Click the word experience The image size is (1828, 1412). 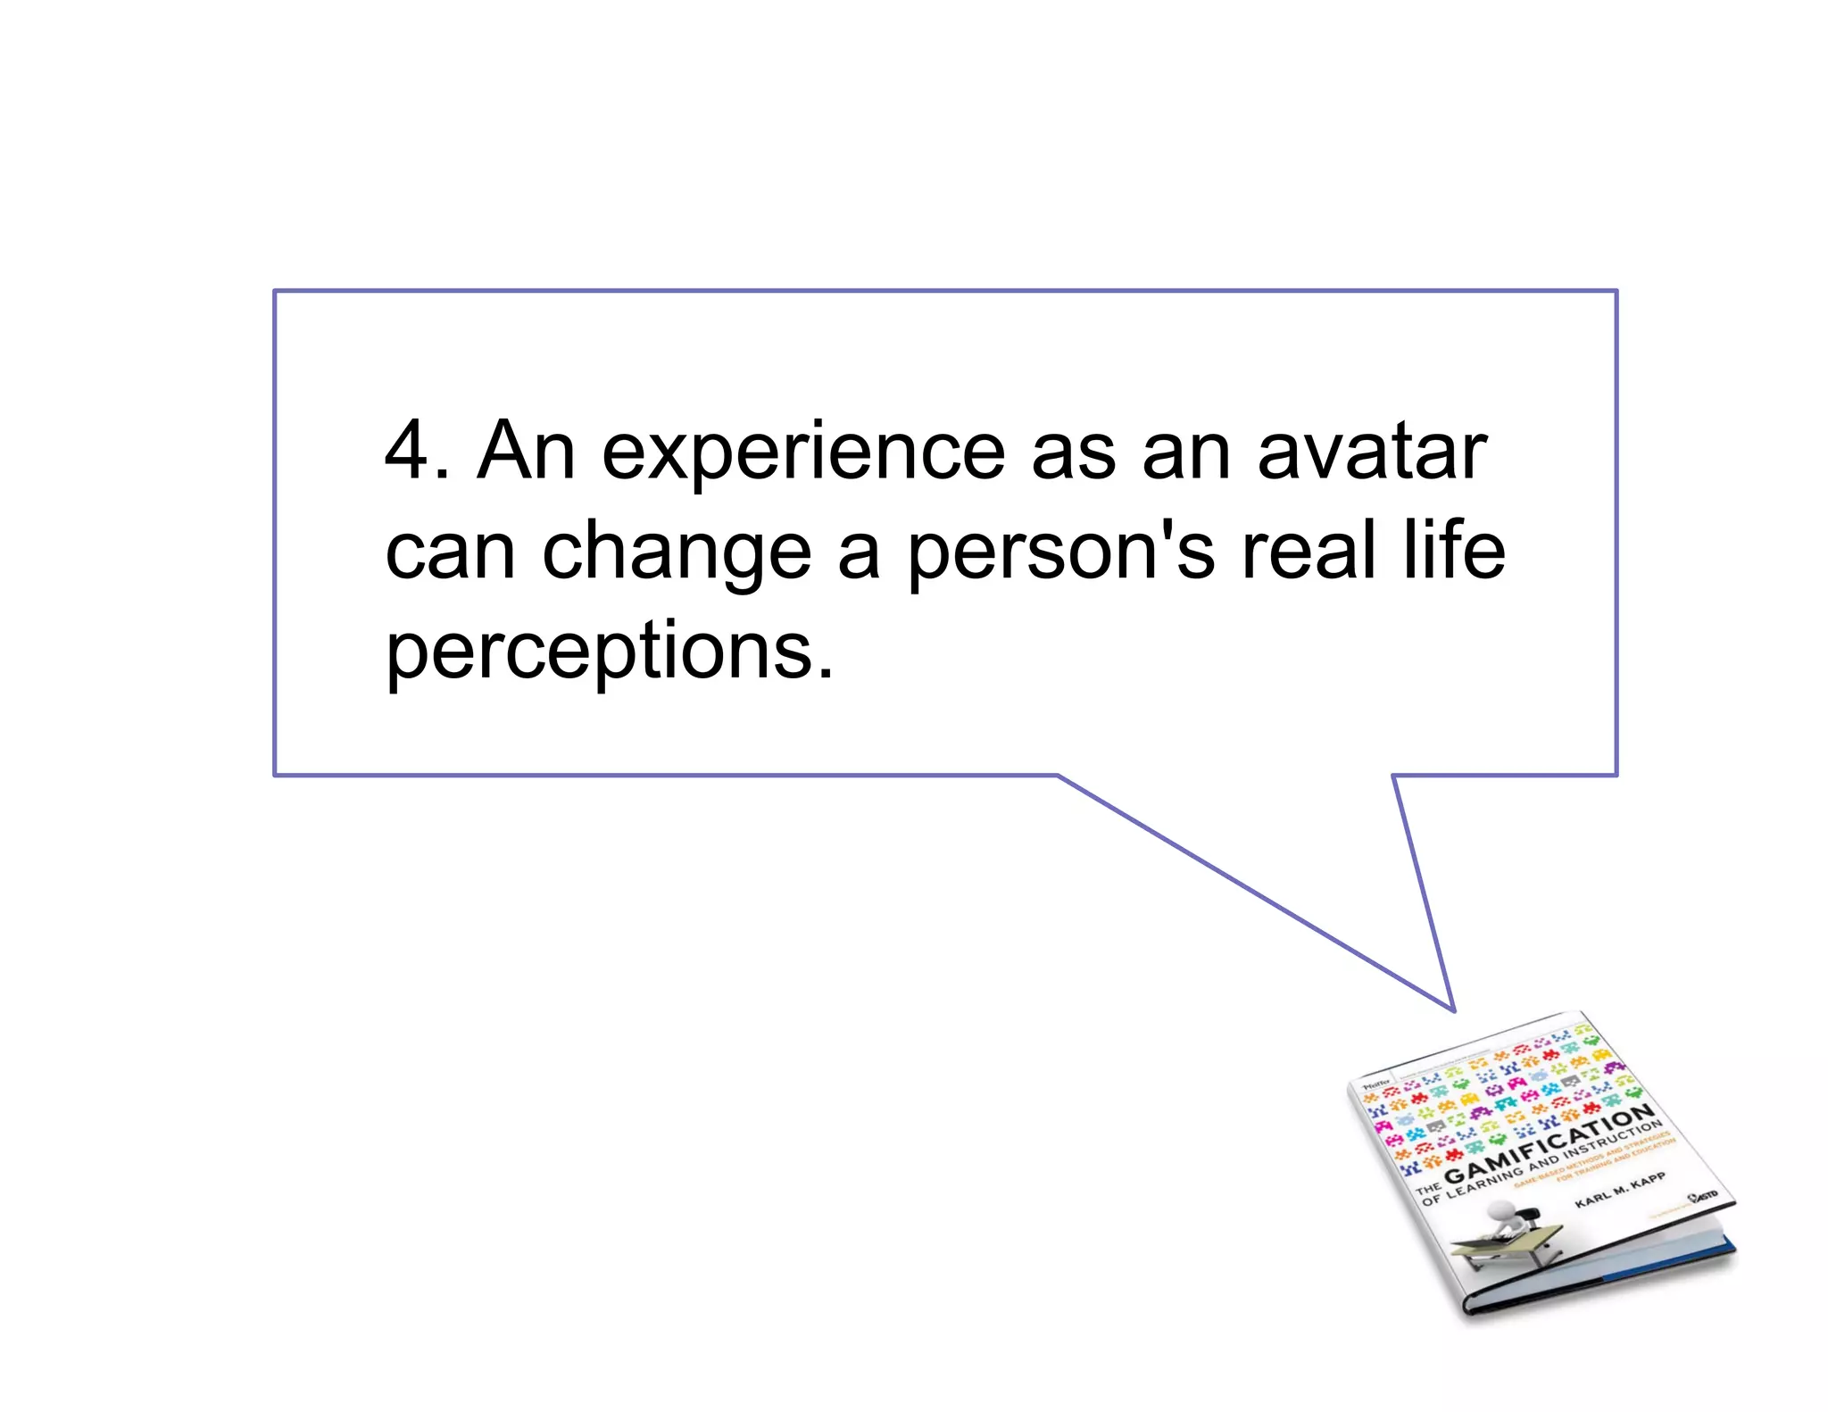(803, 453)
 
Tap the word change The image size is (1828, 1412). (677, 553)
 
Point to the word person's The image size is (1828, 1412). (1061, 553)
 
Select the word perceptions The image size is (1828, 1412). (609, 652)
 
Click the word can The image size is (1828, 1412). (450, 553)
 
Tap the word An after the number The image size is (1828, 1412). (526, 452)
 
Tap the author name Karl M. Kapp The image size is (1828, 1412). (1619, 1190)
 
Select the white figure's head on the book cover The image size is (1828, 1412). (1502, 1209)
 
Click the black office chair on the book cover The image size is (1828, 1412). (1528, 1218)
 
